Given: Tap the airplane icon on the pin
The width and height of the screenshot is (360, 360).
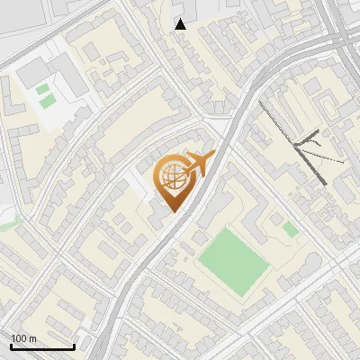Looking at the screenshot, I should coord(197,163).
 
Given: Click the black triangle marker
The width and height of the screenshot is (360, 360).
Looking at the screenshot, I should coord(181,24).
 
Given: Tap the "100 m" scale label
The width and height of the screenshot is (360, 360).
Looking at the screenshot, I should coord(23,338).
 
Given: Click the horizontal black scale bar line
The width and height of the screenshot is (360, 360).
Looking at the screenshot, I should coord(42,346).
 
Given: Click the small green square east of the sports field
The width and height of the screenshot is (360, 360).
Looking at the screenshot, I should coord(290,229).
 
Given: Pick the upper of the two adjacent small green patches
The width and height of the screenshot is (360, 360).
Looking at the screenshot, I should coord(42,89).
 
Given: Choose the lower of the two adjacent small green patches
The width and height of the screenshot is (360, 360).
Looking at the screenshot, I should coord(46,102).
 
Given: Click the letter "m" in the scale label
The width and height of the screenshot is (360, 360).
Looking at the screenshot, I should coord(33,338).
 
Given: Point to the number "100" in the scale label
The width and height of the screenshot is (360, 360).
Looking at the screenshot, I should coord(20,338).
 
